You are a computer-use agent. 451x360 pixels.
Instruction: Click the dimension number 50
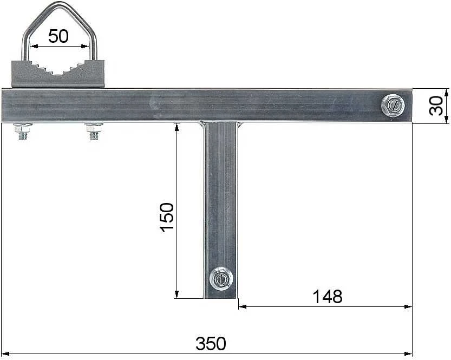(x=58, y=36)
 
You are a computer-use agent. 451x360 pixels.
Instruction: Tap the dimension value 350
(x=211, y=343)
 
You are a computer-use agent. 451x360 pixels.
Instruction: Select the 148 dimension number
(x=328, y=297)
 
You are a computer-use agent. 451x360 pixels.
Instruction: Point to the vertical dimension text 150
(x=167, y=217)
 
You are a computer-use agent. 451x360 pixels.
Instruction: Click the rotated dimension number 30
(x=436, y=106)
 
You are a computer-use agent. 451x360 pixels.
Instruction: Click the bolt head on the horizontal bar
(x=393, y=105)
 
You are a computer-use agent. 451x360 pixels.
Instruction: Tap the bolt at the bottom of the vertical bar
(x=221, y=278)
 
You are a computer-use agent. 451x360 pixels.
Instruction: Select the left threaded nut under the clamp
(x=22, y=131)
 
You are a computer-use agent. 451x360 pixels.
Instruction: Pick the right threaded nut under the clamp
(x=94, y=131)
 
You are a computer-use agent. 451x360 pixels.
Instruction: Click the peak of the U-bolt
(x=60, y=4)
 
